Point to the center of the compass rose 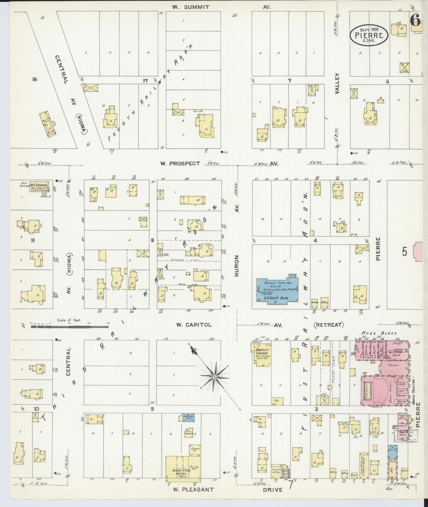tap(214, 377)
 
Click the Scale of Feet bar tap(70, 326)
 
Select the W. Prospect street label tap(180, 163)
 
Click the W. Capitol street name tap(194, 325)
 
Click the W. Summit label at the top tap(191, 7)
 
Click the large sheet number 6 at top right tap(415, 20)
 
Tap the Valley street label tap(337, 84)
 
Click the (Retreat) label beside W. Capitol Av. tap(329, 325)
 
